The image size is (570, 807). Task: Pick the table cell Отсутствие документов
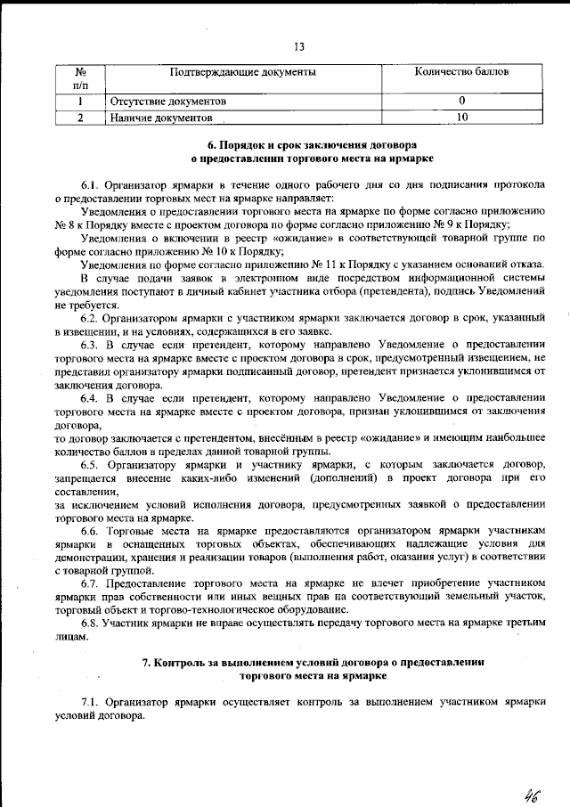pos(167,102)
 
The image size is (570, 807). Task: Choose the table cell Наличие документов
pos(161,117)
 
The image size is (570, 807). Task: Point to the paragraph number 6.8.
pos(91,624)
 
